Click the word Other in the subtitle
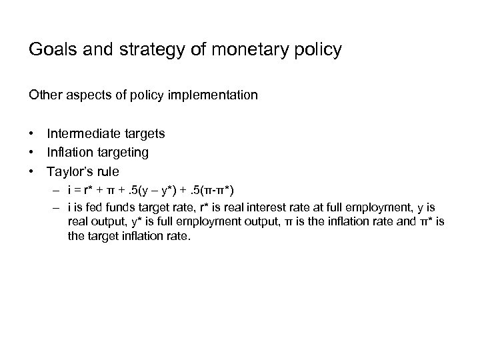coord(44,95)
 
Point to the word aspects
coord(84,95)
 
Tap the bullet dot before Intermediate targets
coord(31,133)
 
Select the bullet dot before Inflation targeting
coord(31,153)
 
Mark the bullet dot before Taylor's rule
coord(31,171)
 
